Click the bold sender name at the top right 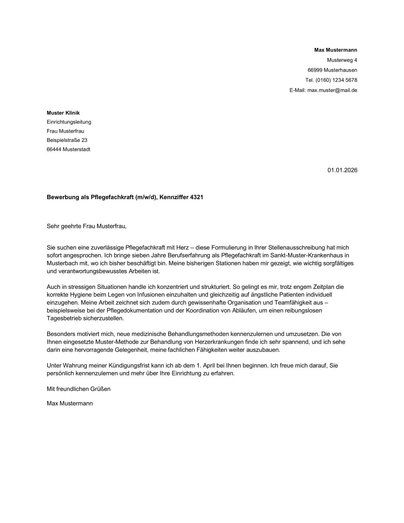pyautogui.click(x=335, y=50)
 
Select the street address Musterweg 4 pyautogui.click(x=342, y=60)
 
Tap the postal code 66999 pyautogui.click(x=315, y=70)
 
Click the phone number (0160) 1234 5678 pyautogui.click(x=336, y=80)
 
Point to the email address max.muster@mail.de pyautogui.click(x=332, y=90)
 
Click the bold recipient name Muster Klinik pyautogui.click(x=63, y=113)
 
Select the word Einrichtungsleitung pyautogui.click(x=69, y=122)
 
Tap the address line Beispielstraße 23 pyautogui.click(x=67, y=140)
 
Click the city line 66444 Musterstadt pyautogui.click(x=68, y=149)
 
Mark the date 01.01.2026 pyautogui.click(x=342, y=170)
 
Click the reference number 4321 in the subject pyautogui.click(x=197, y=197)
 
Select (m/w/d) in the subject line pyautogui.click(x=145, y=197)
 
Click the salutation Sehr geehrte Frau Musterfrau pyautogui.click(x=86, y=226)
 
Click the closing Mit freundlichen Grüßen pyautogui.click(x=79, y=389)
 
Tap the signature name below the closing pyautogui.click(x=70, y=403)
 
